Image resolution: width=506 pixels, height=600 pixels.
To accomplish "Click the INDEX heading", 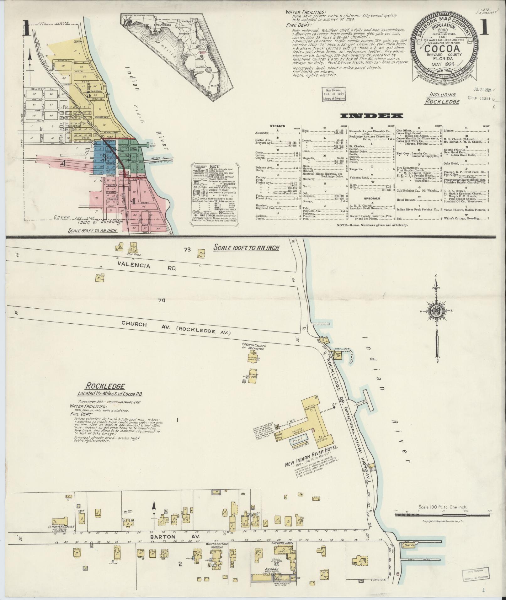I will click(372, 116).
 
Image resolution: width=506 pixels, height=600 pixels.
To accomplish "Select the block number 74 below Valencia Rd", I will click(162, 300).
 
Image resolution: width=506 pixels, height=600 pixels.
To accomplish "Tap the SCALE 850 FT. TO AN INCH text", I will click(92, 231).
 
